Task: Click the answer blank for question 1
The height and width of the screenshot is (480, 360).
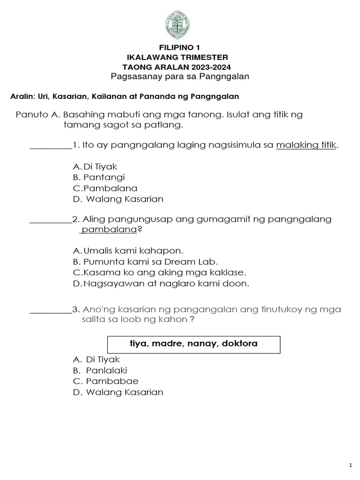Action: pyautogui.click(x=51, y=145)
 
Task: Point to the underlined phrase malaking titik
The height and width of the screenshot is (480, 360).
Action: pyautogui.click(x=307, y=145)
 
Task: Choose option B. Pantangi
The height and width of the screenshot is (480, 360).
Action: pyautogui.click(x=99, y=177)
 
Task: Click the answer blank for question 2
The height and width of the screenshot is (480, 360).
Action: pyautogui.click(x=51, y=219)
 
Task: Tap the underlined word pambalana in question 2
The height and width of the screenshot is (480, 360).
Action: pyautogui.click(x=108, y=230)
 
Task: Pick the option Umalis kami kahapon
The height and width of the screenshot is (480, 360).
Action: pyautogui.click(x=128, y=251)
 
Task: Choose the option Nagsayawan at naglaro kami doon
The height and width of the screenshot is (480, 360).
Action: pyautogui.click(x=161, y=283)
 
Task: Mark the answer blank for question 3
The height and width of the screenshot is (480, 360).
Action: pyautogui.click(x=51, y=309)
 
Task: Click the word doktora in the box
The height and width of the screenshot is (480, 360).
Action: pyautogui.click(x=240, y=344)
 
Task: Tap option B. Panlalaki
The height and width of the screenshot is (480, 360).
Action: pyautogui.click(x=100, y=370)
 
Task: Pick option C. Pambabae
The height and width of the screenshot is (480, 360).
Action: pyautogui.click(x=106, y=381)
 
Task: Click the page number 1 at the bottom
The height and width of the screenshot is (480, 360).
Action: pyautogui.click(x=350, y=465)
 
